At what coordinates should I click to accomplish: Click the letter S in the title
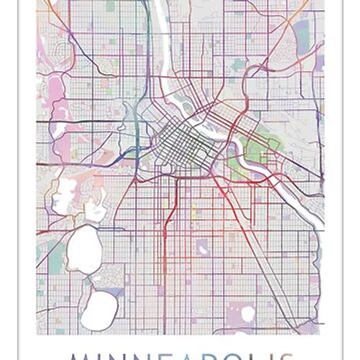[317, 354]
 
